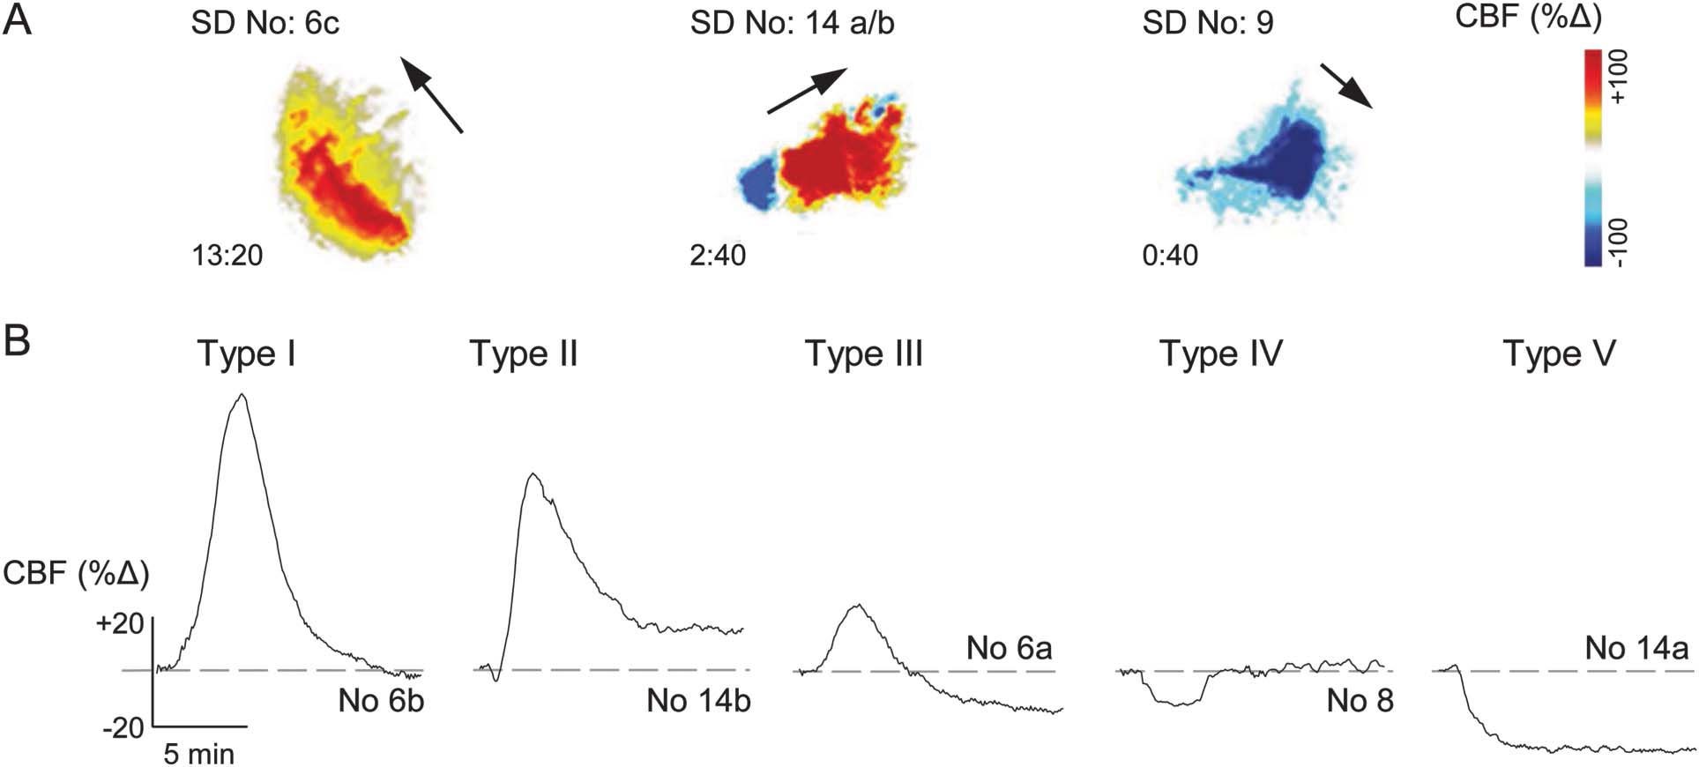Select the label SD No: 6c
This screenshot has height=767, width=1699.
click(x=265, y=23)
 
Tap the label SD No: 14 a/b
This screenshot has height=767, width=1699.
click(x=792, y=23)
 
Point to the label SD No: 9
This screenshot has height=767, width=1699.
click(x=1207, y=23)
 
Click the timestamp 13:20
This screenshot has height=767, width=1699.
click(x=227, y=255)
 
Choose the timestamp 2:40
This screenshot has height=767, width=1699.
click(x=718, y=255)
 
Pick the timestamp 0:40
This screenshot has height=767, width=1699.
click(x=1170, y=255)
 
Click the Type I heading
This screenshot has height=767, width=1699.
click(x=246, y=354)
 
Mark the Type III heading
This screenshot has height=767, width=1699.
click(x=864, y=354)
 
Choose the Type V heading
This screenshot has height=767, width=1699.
click(x=1559, y=354)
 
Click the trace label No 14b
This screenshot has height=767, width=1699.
click(x=698, y=701)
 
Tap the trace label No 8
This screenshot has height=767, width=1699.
click(x=1360, y=701)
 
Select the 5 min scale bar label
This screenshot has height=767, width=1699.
click(x=199, y=754)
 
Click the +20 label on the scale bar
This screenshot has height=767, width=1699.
click(x=121, y=624)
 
